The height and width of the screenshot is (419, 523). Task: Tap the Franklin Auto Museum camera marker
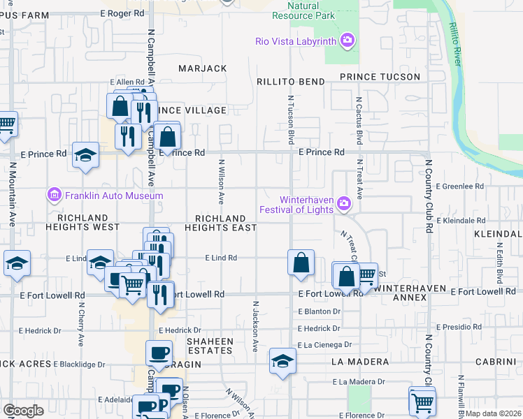[55, 196]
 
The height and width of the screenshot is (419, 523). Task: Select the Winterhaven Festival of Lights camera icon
[343, 203]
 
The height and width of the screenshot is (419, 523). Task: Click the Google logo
[23, 410]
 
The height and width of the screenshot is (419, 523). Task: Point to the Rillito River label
[453, 44]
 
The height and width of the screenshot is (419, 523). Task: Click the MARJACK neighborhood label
[203, 68]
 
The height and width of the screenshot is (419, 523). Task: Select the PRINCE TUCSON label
[380, 77]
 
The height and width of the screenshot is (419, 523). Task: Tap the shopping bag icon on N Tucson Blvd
[301, 263]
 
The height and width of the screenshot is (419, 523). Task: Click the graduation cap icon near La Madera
[282, 360]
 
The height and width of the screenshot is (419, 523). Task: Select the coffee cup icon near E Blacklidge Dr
[159, 352]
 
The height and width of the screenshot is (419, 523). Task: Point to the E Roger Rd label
[122, 13]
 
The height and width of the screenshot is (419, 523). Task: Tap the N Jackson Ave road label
[256, 326]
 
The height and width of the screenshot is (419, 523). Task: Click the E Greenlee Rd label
[459, 186]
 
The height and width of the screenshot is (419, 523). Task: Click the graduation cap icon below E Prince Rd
[85, 155]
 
